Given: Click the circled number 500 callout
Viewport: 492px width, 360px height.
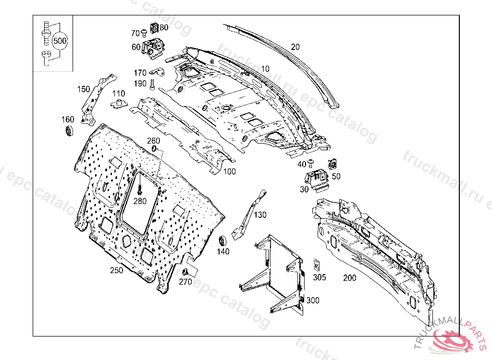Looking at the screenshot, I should (60, 41).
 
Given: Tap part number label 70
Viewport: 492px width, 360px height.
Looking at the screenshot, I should (135, 33).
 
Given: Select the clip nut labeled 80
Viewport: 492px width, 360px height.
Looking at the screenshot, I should (155, 28).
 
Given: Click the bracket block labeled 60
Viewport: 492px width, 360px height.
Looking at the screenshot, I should (155, 47).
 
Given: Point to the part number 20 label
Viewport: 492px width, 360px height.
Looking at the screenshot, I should (295, 47).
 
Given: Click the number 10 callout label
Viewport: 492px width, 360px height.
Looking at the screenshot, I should (265, 69).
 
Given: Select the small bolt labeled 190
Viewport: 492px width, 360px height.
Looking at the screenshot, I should (152, 84).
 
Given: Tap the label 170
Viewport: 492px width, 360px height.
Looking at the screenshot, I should (140, 73).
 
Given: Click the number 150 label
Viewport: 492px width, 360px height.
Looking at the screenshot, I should (84, 89).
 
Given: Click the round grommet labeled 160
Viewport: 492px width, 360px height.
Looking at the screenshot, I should (70, 131).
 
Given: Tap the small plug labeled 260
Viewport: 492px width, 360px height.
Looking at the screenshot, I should (154, 149).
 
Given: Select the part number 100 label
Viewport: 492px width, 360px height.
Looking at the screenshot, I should (229, 171).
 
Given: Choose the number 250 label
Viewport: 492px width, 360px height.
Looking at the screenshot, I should (116, 270).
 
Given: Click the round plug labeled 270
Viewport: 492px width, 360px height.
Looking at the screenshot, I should (184, 272).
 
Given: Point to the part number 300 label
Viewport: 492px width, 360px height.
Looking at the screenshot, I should (312, 300).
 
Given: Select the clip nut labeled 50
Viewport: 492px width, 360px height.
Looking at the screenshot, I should (332, 164).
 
